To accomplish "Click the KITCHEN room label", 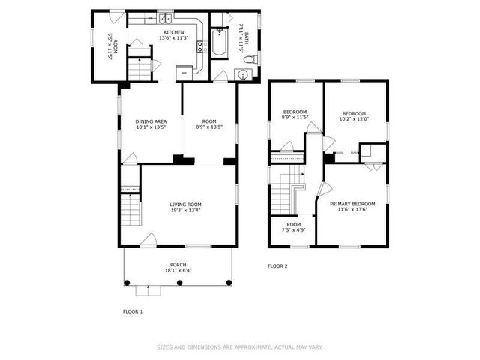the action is pos(173,32).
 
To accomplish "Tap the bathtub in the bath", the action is pos(219,42).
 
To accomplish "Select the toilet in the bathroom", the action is pos(251,59).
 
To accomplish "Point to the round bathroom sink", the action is pos(243,74).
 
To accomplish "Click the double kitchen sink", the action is pos(165,18).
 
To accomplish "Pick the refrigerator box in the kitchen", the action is pos(184,73).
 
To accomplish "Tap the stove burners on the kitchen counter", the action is pos(199,46).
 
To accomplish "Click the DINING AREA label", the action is pos(151,121).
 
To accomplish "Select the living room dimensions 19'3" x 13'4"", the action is pos(186,210).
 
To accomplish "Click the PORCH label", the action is pos(178,265).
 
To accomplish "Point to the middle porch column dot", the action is pos(180,283).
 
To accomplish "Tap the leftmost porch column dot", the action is pos(127,283).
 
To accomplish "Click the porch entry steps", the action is pos(148,290).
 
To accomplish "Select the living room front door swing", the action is pos(148,239).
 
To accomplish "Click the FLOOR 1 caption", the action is pos(133,312).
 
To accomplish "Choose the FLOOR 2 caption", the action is pos(277,266).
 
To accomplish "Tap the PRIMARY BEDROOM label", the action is pos(352,204).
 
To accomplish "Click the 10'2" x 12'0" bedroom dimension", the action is pos(354,119).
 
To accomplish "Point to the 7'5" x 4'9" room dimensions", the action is pos(294,230).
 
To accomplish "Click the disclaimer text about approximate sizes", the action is pos(240,347).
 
